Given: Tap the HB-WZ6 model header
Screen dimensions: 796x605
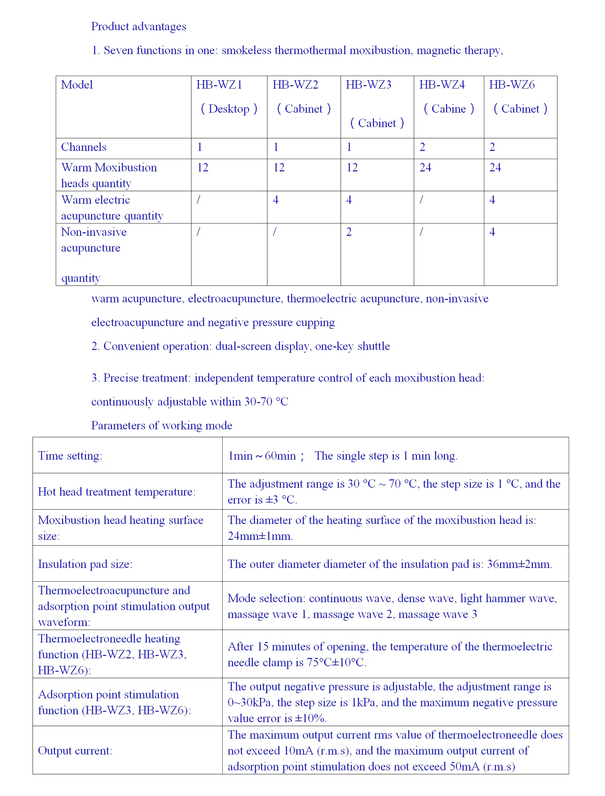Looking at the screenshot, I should pyautogui.click(x=511, y=85).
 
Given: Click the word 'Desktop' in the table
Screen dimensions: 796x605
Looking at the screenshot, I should pyautogui.click(x=229, y=109).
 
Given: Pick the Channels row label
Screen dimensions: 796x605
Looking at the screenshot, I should pyautogui.click(x=84, y=147).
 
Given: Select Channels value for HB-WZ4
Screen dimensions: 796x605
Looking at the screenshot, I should pyautogui.click(x=422, y=147).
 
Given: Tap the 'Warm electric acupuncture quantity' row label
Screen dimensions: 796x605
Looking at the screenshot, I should pyautogui.click(x=112, y=208).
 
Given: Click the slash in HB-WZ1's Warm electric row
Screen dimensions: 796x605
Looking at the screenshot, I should pyautogui.click(x=198, y=200).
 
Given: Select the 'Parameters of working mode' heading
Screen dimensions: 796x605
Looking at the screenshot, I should pyautogui.click(x=161, y=425).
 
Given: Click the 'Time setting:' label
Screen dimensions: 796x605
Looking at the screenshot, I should pyautogui.click(x=70, y=456).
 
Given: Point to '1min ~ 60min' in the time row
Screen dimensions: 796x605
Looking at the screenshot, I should pyautogui.click(x=262, y=456).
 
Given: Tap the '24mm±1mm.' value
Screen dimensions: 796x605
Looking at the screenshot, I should pyautogui.click(x=260, y=536).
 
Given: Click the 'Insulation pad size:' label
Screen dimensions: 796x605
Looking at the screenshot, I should pyautogui.click(x=85, y=564).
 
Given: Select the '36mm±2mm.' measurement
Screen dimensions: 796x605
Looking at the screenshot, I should pyautogui.click(x=519, y=564).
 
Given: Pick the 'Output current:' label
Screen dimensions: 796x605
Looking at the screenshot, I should pyautogui.click(x=75, y=751).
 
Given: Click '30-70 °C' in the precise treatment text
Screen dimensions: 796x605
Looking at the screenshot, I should pyautogui.click(x=266, y=401).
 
